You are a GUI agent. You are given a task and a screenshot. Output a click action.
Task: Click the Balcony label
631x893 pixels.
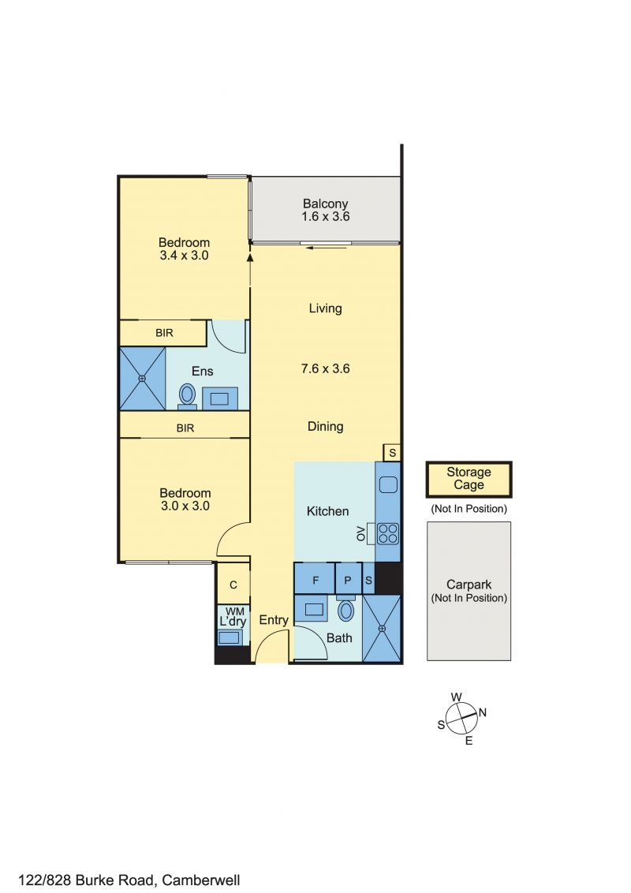click(x=325, y=204)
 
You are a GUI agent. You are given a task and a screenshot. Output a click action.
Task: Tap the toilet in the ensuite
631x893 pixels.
click(x=187, y=396)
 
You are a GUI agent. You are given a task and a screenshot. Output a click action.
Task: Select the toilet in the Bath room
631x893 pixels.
click(x=345, y=609)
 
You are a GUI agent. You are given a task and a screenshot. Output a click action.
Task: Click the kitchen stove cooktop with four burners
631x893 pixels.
click(x=388, y=533)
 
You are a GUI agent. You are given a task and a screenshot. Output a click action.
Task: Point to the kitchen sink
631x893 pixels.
click(x=388, y=484)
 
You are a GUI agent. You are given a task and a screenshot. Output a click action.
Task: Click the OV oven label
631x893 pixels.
click(x=360, y=534)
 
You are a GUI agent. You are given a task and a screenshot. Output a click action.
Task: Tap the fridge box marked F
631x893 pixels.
click(x=315, y=580)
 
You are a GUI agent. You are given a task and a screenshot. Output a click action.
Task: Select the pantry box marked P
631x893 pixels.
click(x=348, y=580)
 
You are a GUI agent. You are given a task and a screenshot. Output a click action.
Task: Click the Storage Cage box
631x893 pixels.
click(x=469, y=479)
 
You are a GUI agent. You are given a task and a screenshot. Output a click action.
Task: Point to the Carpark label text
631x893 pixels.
click(x=469, y=585)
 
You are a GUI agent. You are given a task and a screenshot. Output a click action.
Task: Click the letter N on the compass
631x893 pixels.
click(x=483, y=712)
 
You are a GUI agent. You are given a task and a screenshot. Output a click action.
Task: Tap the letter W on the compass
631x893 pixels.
click(x=456, y=697)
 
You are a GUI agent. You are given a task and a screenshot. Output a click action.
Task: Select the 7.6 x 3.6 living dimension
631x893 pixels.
click(x=325, y=368)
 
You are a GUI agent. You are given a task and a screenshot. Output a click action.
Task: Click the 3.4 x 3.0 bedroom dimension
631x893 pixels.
click(x=184, y=255)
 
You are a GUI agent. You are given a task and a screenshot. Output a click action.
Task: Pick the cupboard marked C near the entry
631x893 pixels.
click(x=233, y=585)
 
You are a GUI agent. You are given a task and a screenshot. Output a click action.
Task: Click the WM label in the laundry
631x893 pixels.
click(x=234, y=611)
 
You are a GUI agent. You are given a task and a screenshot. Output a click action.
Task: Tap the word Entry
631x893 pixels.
click(x=274, y=620)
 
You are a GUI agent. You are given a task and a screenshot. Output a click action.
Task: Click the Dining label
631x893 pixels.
click(x=325, y=427)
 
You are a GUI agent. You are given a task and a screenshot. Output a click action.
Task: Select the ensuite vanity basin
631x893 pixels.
click(x=220, y=398)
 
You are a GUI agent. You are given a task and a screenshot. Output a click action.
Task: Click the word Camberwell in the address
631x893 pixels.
click(x=201, y=880)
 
